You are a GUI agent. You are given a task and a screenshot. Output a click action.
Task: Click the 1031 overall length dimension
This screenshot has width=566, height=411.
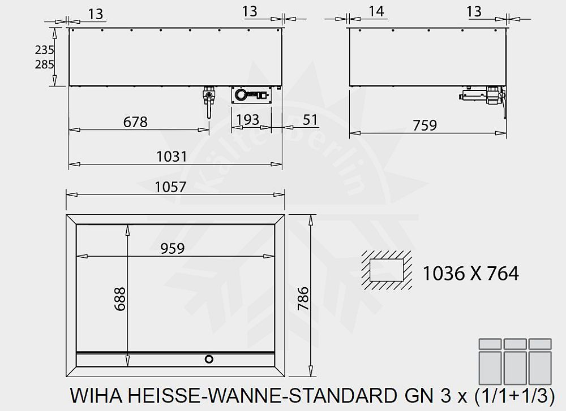click(175, 156)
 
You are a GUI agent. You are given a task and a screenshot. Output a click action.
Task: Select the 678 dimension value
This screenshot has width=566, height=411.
click(135, 122)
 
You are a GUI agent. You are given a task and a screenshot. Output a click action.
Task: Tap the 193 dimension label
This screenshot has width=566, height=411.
click(247, 120)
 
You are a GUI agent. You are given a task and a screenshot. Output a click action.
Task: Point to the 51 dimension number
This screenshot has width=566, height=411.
click(310, 120)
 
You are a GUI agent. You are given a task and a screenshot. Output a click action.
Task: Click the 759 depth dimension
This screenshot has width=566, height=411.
click(425, 125)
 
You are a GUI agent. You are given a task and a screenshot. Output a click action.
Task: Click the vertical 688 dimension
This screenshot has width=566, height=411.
click(119, 298)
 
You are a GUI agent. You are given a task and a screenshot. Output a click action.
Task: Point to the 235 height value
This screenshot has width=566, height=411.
click(44, 50)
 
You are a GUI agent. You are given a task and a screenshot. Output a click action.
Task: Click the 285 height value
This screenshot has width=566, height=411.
click(44, 64)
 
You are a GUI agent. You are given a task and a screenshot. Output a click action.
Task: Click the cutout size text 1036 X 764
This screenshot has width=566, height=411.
click(470, 274)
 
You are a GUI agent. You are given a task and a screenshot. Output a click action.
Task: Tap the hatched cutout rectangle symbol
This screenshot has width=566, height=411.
click(385, 267)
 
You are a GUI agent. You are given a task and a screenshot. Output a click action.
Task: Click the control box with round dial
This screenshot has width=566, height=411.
click(251, 94)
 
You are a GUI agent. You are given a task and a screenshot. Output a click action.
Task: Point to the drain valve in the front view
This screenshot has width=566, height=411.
click(209, 98)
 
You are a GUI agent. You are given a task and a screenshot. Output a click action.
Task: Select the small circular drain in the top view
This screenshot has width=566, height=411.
click(209, 359)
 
